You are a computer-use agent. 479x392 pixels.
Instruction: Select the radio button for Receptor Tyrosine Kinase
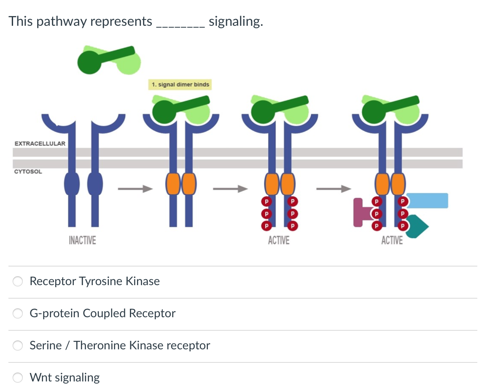click(x=18, y=281)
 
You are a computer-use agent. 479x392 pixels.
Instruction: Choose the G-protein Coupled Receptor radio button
click(x=18, y=313)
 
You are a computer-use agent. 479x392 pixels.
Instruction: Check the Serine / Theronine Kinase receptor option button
click(x=18, y=346)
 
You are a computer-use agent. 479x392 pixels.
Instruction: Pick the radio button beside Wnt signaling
click(x=18, y=378)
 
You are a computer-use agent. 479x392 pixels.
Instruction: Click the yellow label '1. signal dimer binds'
click(x=180, y=84)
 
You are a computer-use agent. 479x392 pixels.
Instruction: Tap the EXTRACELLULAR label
click(x=40, y=144)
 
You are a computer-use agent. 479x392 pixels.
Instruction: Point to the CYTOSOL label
click(x=28, y=172)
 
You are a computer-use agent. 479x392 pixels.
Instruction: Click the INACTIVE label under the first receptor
click(x=82, y=241)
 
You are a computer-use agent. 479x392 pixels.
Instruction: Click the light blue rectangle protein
click(x=427, y=201)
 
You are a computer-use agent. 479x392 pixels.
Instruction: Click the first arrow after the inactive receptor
click(x=134, y=189)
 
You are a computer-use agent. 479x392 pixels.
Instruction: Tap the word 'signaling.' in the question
click(x=236, y=21)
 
